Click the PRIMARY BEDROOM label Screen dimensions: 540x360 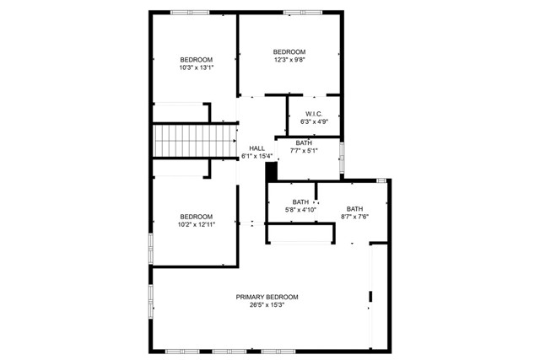click(267, 297)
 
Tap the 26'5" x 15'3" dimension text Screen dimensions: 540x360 click(267, 305)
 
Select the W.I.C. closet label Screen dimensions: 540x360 click(314, 114)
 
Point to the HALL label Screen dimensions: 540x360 click(256, 148)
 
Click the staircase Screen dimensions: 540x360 click(195, 141)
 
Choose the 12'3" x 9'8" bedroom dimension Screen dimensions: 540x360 click(289, 60)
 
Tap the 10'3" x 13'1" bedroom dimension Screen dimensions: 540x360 click(197, 67)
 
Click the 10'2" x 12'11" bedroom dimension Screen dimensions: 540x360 click(197, 225)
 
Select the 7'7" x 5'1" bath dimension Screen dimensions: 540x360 click(304, 150)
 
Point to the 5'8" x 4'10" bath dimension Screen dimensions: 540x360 click(300, 210)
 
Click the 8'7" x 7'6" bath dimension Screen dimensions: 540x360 click(354, 217)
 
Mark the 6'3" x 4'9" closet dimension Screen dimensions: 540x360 click(314, 121)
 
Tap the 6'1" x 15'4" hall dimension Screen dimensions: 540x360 click(256, 156)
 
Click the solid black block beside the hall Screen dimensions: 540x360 click(272, 171)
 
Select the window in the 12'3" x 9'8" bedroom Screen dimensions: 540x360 click(303, 13)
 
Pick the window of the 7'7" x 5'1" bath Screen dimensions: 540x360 click(342, 158)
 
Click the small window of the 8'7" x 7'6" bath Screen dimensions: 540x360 click(381, 180)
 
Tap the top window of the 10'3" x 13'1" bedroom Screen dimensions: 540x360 click(190, 13)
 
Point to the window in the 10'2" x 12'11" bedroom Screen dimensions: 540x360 click(151, 249)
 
